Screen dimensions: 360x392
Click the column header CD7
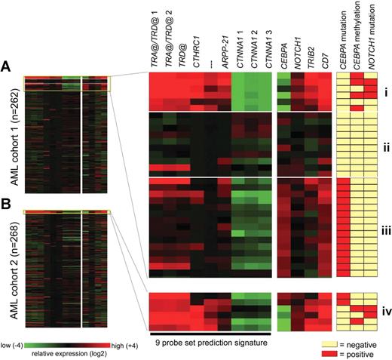[x=324, y=63]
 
